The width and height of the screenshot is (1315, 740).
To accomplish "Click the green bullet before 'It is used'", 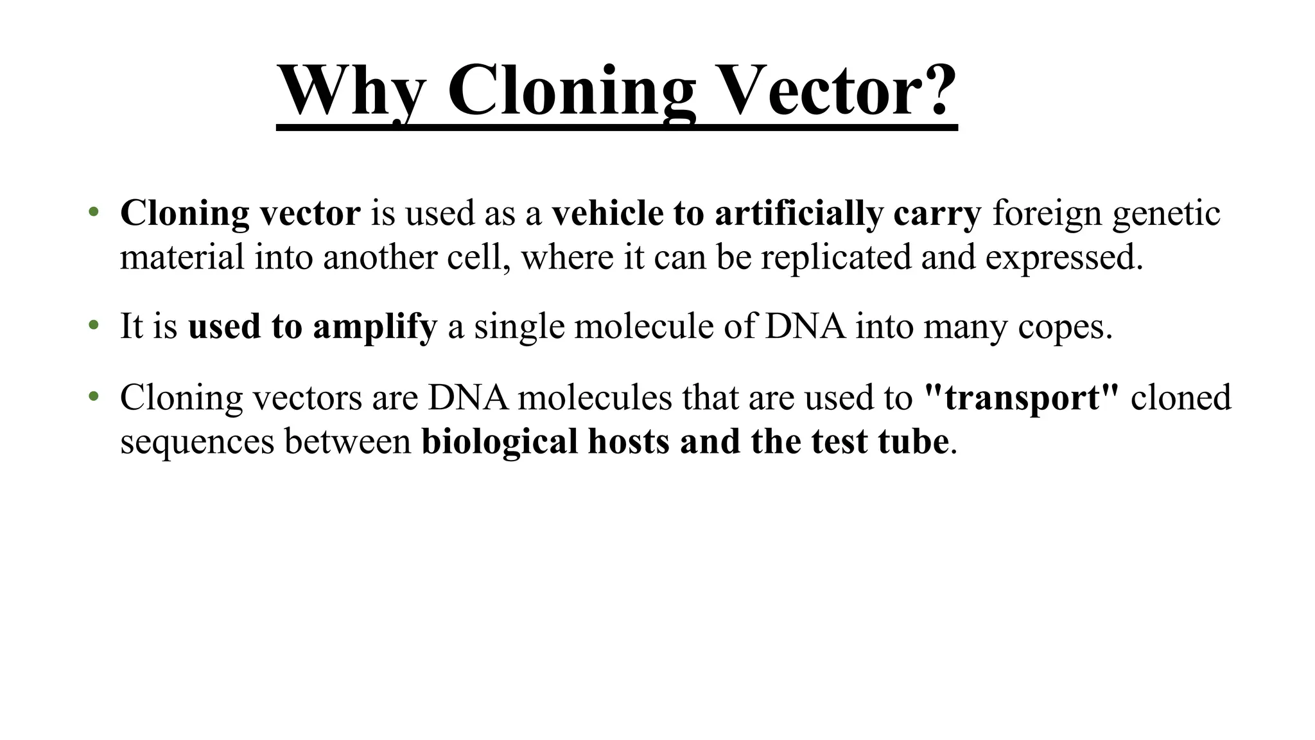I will point(94,326).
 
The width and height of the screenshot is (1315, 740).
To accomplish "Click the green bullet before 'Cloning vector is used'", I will point(94,212).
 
